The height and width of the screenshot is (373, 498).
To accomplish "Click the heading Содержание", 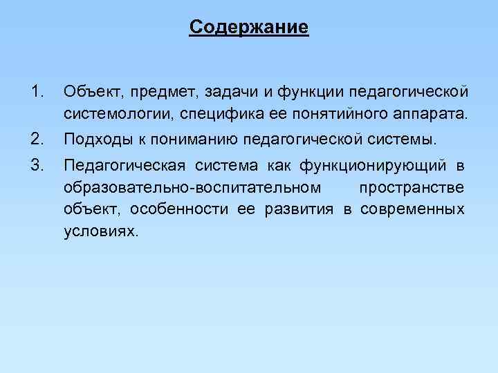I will click(249, 28).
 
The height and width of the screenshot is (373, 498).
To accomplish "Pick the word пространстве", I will click(412, 187).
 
